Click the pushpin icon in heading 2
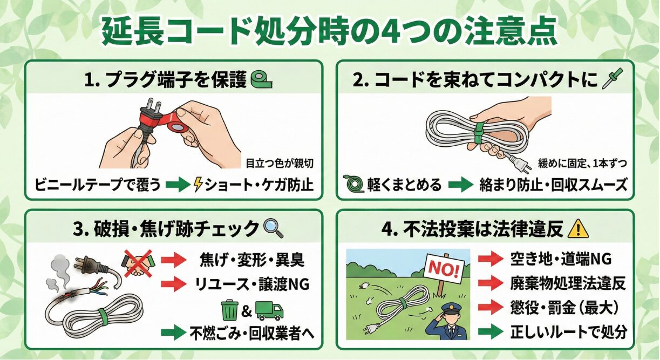point(615,79)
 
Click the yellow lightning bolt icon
point(199,185)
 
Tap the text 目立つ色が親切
point(279,163)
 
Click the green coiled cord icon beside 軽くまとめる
point(355,185)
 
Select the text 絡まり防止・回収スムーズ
point(553,185)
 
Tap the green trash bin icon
point(229,311)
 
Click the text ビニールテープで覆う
point(98,185)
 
